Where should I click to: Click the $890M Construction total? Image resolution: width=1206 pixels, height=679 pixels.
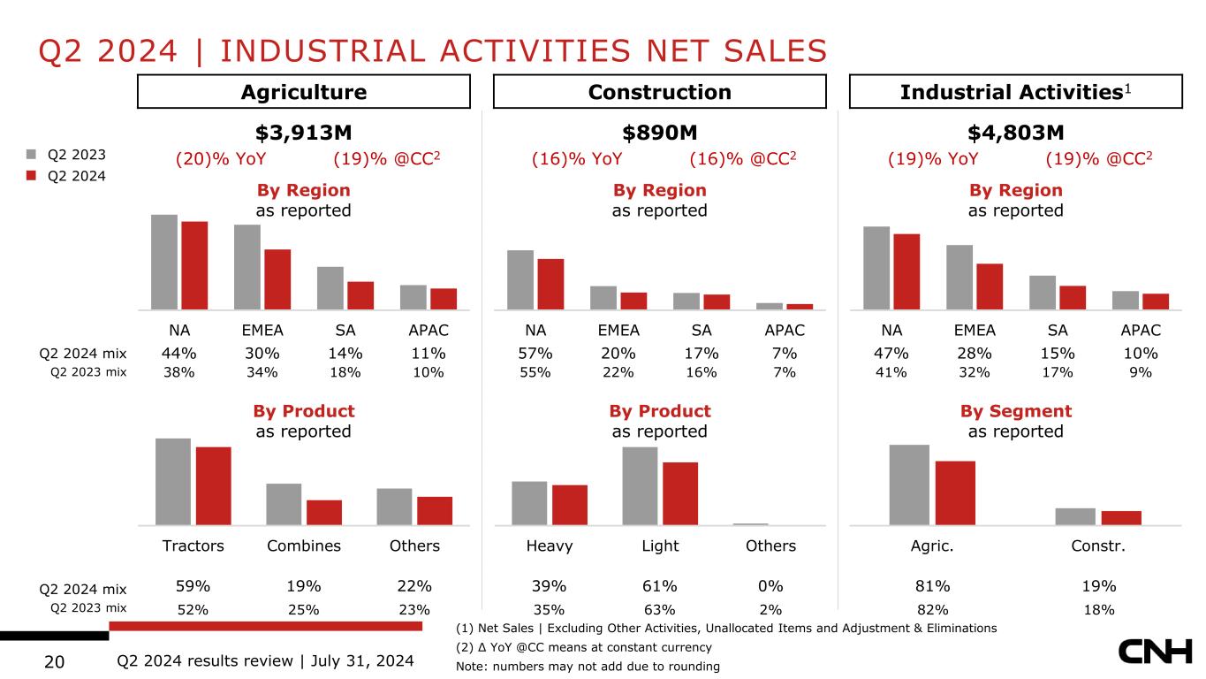(660, 133)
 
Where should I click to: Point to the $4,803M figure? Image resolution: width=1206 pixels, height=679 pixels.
(1015, 133)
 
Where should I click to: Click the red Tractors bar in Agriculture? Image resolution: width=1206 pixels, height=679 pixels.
(213, 485)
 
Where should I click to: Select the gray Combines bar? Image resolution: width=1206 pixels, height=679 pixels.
(284, 504)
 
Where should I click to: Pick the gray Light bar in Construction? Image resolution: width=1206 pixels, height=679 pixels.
(640, 485)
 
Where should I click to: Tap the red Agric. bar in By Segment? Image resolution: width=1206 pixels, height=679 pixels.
(955, 492)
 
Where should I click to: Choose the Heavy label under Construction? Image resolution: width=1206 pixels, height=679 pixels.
(550, 546)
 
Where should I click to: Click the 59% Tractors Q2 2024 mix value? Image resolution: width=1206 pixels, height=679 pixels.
(193, 586)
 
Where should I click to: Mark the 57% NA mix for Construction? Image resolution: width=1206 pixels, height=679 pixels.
(535, 354)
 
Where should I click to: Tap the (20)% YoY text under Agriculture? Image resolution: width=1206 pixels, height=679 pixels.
(220, 159)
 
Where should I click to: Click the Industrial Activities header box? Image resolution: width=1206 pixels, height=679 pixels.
(1015, 92)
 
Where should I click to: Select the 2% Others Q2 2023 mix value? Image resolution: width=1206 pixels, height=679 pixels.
(770, 609)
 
